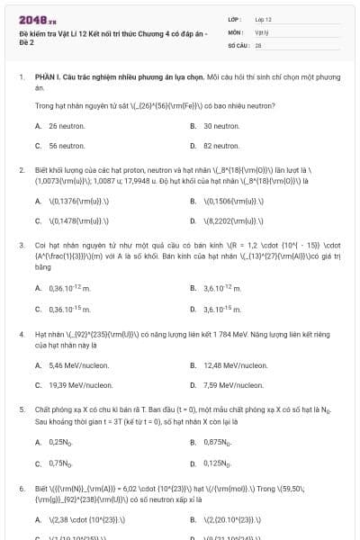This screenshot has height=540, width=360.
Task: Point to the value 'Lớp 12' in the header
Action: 264,19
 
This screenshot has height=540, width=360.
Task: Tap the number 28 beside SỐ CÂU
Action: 258,43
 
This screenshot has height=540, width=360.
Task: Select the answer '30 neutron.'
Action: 220,126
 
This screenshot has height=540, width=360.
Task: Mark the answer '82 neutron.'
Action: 220,145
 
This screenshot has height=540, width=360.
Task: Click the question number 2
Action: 22,169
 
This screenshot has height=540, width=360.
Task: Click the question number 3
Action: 22,244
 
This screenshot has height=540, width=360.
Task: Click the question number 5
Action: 22,409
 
